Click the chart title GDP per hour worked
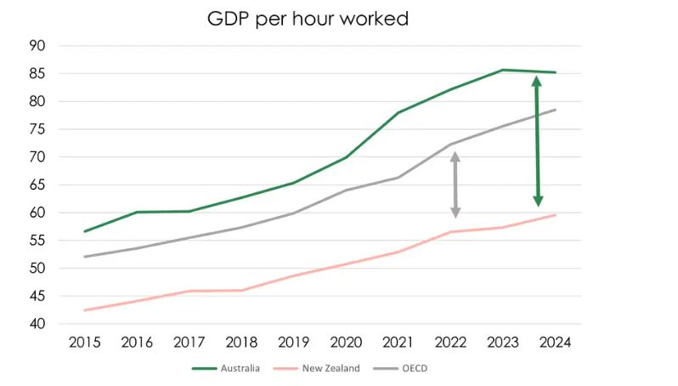pyautogui.click(x=308, y=19)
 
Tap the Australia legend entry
pyautogui.click(x=226, y=368)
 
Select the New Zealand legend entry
pyautogui.click(x=317, y=368)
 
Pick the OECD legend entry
pyautogui.click(x=400, y=368)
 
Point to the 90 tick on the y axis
pyautogui.click(x=37, y=45)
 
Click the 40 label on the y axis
pyautogui.click(x=37, y=324)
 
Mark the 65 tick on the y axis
pyautogui.click(x=37, y=184)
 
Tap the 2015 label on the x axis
pyautogui.click(x=85, y=343)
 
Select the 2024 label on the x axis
pyautogui.click(x=555, y=343)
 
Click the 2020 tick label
pyautogui.click(x=346, y=343)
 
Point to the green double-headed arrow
pyautogui.click(x=538, y=141)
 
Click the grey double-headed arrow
pyautogui.click(x=455, y=184)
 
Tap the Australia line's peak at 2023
pyautogui.click(x=503, y=70)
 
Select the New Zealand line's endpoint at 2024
pyautogui.click(x=555, y=214)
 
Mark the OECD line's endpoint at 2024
pyautogui.click(x=555, y=110)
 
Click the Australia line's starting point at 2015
pyautogui.click(x=85, y=231)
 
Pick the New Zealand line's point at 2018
pyautogui.click(x=241, y=291)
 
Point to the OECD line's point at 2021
pyautogui.click(x=398, y=178)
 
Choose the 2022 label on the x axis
pyautogui.click(x=450, y=343)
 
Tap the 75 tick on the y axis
pyautogui.click(x=37, y=129)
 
